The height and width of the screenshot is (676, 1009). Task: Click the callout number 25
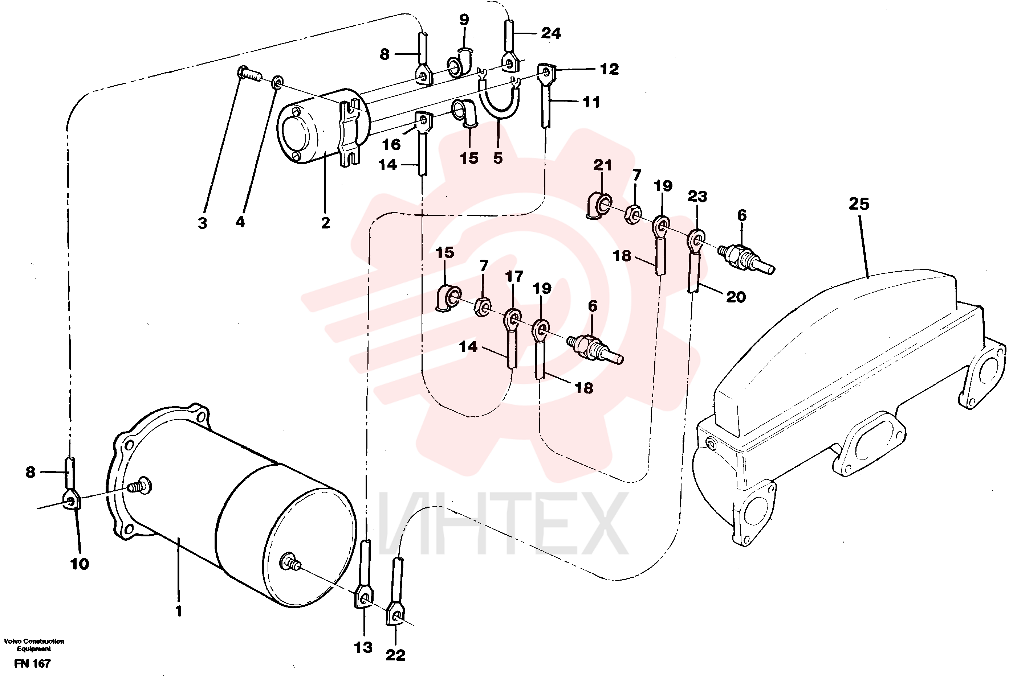click(x=858, y=204)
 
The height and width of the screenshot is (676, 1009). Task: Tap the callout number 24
click(x=551, y=33)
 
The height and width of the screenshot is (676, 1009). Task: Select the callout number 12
click(x=609, y=69)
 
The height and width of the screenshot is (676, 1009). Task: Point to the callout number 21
click(x=602, y=165)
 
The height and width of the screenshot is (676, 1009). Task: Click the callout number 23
click(x=697, y=197)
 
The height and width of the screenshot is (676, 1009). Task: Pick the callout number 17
click(x=514, y=276)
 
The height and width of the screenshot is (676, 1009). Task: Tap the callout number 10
click(x=80, y=564)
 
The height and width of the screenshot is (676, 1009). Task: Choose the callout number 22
click(x=395, y=655)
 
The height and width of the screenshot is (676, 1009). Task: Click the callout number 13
click(x=363, y=648)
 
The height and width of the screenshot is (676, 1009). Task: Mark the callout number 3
click(x=202, y=223)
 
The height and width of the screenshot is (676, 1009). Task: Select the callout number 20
click(x=736, y=297)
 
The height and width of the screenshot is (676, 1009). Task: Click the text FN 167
click(x=32, y=664)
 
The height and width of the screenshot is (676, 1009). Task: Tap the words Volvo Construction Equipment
click(x=34, y=645)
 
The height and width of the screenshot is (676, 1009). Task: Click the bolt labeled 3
click(x=249, y=74)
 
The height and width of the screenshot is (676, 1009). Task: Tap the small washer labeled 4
click(x=277, y=82)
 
